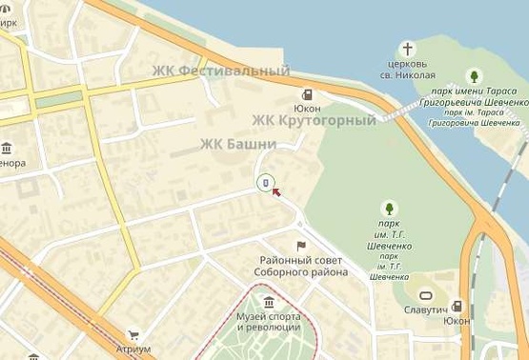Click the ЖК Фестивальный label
point(220,71)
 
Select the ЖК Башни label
point(237,144)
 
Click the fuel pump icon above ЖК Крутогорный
point(307,94)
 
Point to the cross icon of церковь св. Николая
point(407,49)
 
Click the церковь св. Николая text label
point(407,70)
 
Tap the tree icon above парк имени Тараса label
point(474,76)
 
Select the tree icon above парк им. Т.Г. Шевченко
point(388,209)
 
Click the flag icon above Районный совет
point(301,247)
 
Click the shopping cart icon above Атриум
point(133,334)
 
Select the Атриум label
point(133,350)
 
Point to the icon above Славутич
point(425,296)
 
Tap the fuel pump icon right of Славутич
point(458,306)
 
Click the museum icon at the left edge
point(7,148)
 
